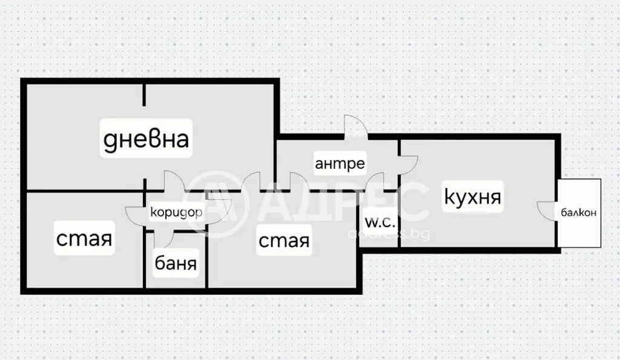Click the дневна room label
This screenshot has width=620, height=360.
tap(146, 139)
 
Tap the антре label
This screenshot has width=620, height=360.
tap(340, 163)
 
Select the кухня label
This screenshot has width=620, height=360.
tap(472, 197)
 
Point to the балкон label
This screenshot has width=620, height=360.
tap(578, 212)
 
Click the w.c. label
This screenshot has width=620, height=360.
tap(380, 223)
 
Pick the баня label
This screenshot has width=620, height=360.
tap(176, 263)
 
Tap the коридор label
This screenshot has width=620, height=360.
tap(176, 212)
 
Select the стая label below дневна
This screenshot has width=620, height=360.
tap(84, 238)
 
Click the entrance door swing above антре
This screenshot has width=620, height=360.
tap(355, 126)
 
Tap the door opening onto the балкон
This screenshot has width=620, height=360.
tap(547, 211)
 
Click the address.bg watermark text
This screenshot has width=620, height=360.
tap(389, 234)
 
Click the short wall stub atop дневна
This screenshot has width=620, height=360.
tap(144, 95)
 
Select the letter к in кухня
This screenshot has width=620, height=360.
tap(450, 196)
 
